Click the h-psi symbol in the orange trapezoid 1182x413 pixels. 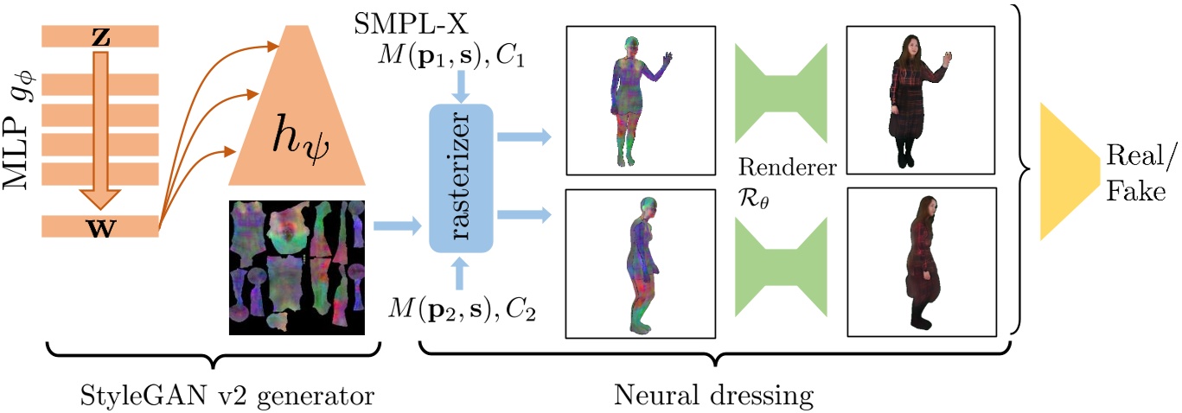click(297, 138)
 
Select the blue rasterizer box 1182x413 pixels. click(460, 178)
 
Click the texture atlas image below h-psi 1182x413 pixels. click(297, 266)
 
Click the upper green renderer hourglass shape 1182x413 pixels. click(782, 93)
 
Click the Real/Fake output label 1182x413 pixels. click(1134, 173)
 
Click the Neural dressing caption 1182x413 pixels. click(714, 397)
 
